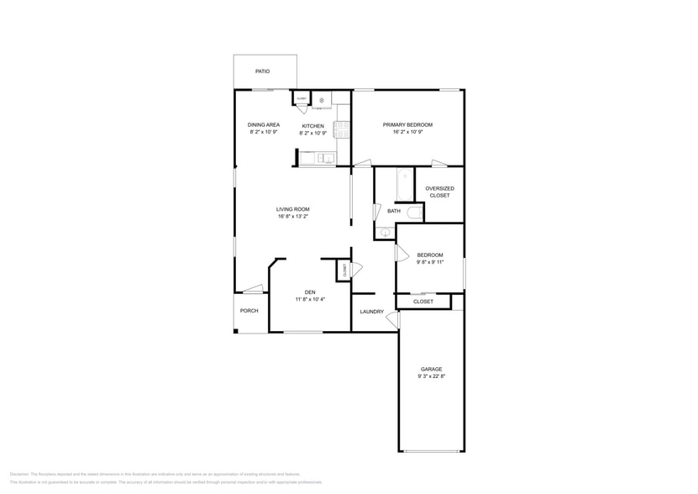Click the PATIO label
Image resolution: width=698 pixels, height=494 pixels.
tap(263, 71)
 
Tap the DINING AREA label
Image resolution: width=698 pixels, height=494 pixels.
tap(263, 124)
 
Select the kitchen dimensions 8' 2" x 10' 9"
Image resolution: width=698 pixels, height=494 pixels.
tap(312, 133)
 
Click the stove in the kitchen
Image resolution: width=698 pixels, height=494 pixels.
tap(341, 129)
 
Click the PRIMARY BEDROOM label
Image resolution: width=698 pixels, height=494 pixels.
tap(407, 124)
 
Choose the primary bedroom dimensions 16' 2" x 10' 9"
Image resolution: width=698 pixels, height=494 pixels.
tap(407, 132)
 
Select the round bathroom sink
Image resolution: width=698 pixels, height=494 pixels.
tap(386, 232)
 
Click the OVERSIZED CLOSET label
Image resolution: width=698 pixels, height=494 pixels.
tap(439, 192)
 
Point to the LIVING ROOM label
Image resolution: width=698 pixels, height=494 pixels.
tap(293, 209)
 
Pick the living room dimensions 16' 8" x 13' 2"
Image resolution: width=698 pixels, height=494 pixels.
tap(293, 217)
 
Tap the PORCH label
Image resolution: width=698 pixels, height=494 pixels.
tap(249, 311)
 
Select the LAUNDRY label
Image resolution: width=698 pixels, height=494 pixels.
tap(371, 312)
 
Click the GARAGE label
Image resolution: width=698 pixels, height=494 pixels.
tap(431, 369)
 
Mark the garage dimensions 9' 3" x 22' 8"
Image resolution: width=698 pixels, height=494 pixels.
tap(431, 376)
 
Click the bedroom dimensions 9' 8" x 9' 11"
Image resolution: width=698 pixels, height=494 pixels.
tap(430, 262)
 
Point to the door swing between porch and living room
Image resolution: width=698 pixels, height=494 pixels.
tap(253, 290)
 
